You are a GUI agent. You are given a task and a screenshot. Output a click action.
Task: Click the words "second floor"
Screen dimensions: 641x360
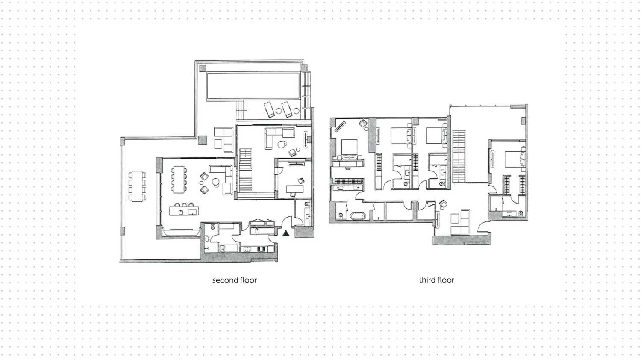point(235,280)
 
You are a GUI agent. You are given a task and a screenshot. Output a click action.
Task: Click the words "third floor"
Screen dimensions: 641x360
point(437,280)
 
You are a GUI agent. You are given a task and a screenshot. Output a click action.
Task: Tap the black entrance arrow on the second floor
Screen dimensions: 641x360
point(286,233)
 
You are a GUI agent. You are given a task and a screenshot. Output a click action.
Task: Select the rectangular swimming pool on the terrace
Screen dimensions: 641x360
point(253,86)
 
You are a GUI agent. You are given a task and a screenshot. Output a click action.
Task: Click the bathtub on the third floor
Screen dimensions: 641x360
point(357,216)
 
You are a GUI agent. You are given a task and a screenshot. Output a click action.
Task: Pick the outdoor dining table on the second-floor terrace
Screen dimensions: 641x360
point(137,186)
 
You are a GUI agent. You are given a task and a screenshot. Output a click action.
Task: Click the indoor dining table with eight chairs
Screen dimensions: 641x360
point(179,179)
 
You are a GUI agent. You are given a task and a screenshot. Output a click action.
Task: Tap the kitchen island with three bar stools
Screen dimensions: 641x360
point(184,210)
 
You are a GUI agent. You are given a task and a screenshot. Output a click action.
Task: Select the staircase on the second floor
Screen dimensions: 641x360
point(246,171)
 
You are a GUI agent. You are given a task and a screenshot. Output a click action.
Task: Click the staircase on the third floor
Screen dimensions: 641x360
point(459,156)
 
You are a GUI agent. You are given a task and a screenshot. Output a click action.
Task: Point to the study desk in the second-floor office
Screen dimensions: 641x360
point(295,189)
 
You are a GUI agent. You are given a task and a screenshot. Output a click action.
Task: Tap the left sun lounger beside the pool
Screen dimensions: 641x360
point(269,110)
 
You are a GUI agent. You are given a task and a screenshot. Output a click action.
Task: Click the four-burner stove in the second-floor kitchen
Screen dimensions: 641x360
point(261,249)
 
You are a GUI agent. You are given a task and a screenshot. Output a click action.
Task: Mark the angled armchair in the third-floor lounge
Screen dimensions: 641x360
point(443,204)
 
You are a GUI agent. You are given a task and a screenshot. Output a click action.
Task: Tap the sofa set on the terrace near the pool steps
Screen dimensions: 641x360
point(224,139)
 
